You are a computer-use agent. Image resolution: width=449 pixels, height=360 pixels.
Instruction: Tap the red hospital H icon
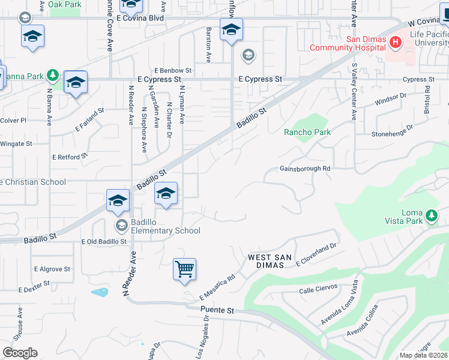click(395, 42)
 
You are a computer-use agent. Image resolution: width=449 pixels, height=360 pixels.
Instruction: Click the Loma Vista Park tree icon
click(430, 215)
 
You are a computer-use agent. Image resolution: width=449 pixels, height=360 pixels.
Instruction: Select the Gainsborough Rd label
click(305, 169)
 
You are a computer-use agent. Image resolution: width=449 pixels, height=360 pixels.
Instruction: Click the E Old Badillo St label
click(104, 241)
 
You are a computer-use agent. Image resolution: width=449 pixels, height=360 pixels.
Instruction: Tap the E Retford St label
click(70, 157)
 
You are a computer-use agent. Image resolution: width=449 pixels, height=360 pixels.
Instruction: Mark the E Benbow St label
click(172, 70)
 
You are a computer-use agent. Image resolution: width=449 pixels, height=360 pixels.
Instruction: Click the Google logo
click(20, 353)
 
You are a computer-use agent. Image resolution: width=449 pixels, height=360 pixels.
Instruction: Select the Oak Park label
click(64, 4)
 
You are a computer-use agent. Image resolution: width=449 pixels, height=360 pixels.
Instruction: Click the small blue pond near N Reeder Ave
click(100, 292)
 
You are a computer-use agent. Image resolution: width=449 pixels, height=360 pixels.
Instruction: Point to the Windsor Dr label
click(391, 99)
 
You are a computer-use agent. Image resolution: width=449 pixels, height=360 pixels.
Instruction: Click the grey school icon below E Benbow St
click(248, 56)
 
